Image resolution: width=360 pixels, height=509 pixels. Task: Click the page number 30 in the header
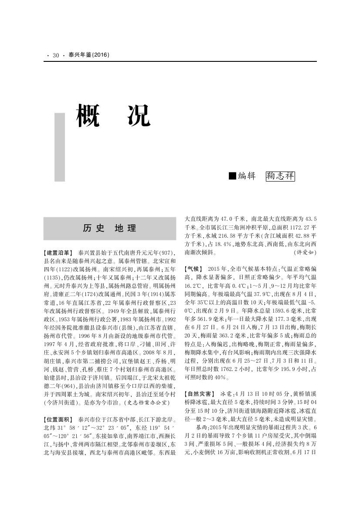pos(56,55)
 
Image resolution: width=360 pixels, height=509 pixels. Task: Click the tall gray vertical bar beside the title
pos(60,147)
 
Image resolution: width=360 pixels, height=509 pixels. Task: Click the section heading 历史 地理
pos(109,228)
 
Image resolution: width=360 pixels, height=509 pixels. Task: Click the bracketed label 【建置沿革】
pos(59,253)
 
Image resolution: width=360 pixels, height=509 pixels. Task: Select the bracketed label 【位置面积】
pos(59,420)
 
